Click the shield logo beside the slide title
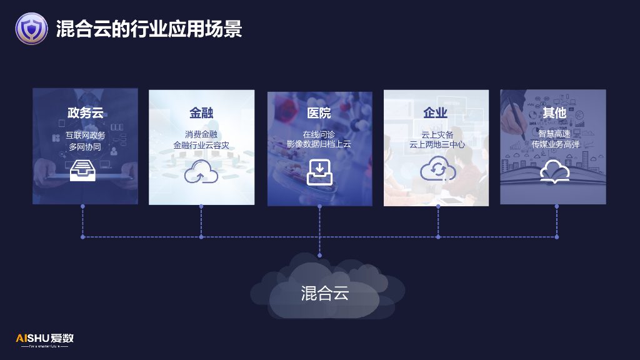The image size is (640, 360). [31, 29]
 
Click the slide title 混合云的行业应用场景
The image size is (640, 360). [149, 29]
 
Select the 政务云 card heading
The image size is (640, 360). [85, 113]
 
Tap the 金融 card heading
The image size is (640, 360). [201, 113]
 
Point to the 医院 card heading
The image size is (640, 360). [319, 113]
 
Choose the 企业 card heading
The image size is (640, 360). [436, 113]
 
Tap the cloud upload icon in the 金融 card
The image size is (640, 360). [201, 171]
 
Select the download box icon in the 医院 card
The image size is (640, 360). [319, 172]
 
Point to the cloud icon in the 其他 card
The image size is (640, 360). [554, 171]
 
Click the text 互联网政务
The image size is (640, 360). [85, 135]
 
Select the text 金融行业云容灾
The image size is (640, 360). [201, 146]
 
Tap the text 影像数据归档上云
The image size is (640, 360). [319, 144]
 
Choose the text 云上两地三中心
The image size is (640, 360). [437, 144]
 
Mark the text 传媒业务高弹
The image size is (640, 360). [556, 144]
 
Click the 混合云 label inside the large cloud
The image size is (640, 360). [324, 293]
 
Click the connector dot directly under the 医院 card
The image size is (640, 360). [319, 206]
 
